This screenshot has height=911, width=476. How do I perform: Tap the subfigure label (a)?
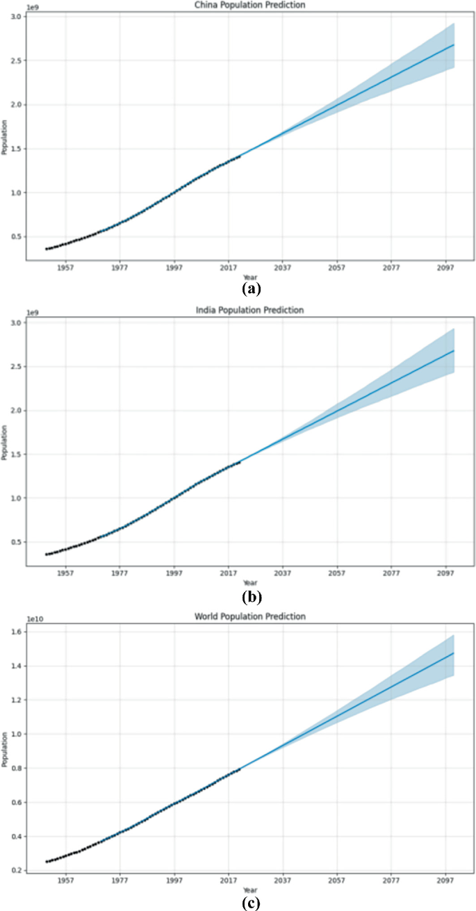(250, 287)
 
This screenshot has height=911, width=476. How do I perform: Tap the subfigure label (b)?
(250, 596)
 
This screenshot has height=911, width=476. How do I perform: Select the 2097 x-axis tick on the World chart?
(445, 880)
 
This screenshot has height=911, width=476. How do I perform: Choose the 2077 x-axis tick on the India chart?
(391, 574)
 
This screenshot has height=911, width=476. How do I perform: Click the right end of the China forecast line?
(454, 44)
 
